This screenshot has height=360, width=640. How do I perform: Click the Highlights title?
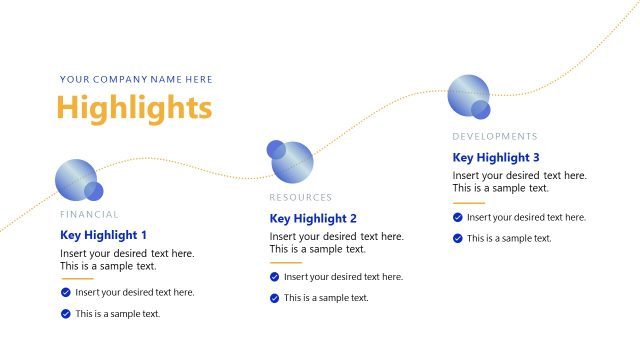[134, 107]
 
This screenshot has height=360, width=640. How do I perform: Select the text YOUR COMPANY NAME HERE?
[136, 80]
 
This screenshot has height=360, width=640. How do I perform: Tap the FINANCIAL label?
[89, 214]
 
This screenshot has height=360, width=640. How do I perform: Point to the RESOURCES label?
[300, 197]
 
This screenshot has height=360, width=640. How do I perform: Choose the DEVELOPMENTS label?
[494, 136]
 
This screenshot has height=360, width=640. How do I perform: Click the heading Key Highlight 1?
[103, 236]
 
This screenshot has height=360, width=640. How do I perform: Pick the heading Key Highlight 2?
[313, 218]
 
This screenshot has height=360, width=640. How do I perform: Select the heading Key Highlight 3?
[496, 157]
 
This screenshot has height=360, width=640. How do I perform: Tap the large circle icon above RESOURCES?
[293, 161]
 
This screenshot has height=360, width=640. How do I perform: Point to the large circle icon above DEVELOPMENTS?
[467, 94]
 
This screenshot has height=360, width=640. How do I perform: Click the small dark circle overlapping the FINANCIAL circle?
[94, 191]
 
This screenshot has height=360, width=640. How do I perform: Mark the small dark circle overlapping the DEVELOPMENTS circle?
[481, 109]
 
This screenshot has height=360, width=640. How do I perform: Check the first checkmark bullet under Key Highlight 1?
[66, 292]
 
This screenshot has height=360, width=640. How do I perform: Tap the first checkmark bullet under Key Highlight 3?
[458, 217]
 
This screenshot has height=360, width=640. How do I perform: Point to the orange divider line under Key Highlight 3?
[468, 203]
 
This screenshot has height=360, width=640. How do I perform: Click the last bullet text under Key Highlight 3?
[509, 238]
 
